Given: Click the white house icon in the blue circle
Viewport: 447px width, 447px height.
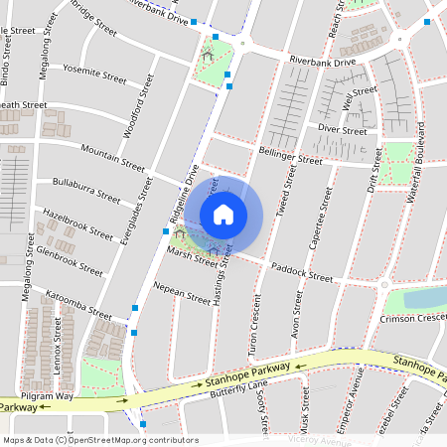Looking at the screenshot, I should pyautogui.click(x=223, y=214).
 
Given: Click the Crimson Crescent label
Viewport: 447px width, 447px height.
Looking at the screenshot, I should pyautogui.click(x=412, y=319).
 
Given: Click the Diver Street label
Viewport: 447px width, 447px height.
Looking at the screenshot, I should pyautogui.click(x=336, y=128).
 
